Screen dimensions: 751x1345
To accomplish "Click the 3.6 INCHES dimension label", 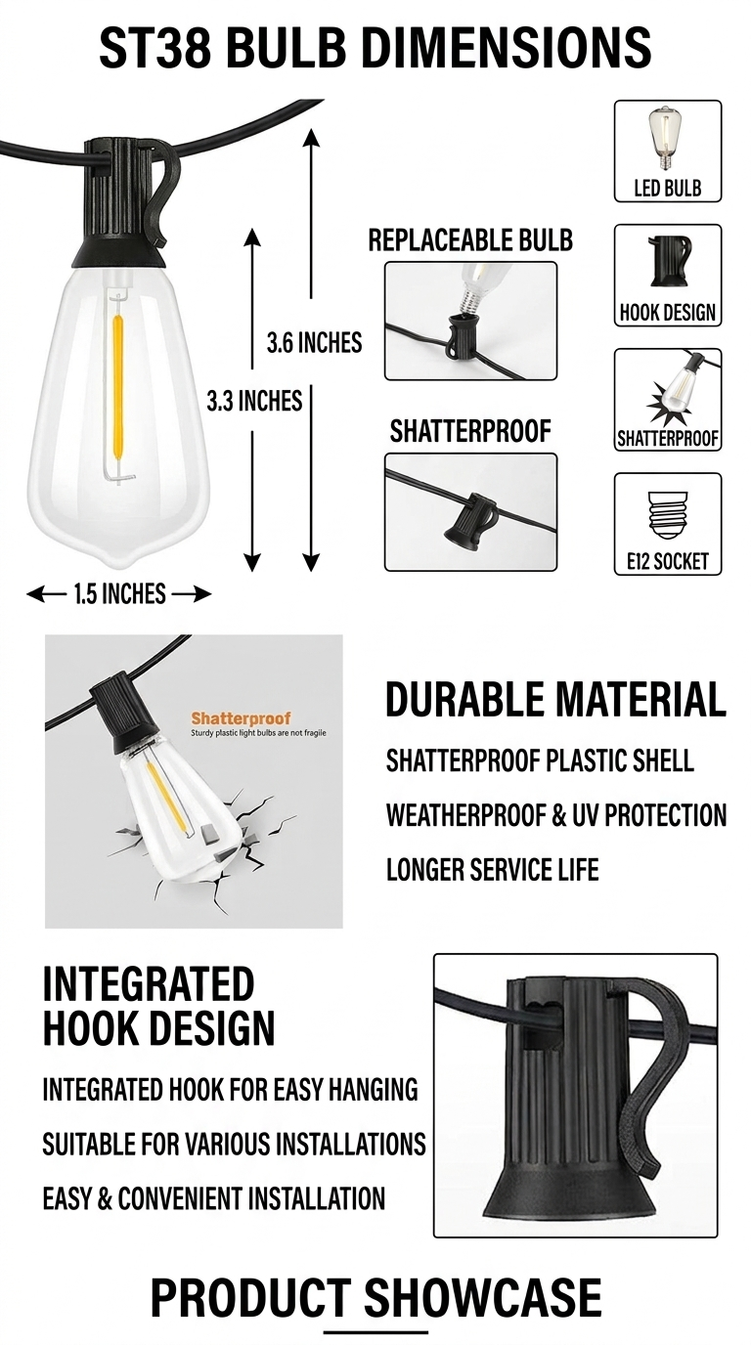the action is (314, 342).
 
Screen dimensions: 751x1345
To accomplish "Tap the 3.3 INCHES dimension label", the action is (254, 401).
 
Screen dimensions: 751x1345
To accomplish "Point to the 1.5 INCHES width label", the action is (119, 594).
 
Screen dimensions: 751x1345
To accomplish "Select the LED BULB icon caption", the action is (668, 188).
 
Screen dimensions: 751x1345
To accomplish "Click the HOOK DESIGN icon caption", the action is (668, 312).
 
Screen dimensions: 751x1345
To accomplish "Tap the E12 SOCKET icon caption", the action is (668, 561).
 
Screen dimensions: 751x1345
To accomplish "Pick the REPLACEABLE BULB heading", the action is (470, 240).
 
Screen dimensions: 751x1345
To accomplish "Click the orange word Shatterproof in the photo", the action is (241, 718).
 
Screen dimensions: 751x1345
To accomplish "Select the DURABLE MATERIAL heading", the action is (555, 699).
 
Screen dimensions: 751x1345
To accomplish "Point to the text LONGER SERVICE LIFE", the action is (492, 869).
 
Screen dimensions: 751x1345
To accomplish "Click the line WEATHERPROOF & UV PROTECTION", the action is (556, 815).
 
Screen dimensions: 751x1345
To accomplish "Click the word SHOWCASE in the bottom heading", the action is (482, 1297).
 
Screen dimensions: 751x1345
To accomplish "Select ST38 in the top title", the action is (155, 47).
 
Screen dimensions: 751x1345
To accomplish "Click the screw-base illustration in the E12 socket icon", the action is (668, 513).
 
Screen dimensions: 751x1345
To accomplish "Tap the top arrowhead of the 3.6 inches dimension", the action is (311, 137).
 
